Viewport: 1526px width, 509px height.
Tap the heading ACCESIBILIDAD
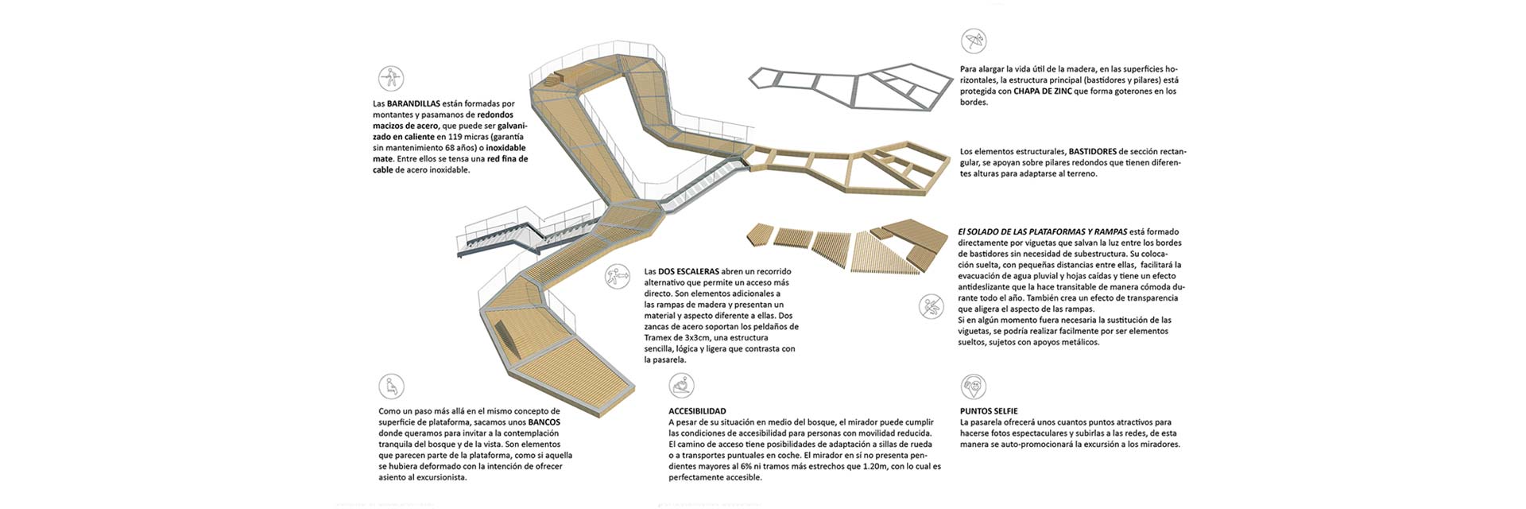[697, 411]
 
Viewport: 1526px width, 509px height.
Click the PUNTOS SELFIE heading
[989, 411]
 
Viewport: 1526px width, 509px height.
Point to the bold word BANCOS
[544, 422]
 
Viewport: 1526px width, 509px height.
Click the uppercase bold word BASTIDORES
[1093, 151]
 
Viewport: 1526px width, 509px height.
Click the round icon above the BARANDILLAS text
[391, 78]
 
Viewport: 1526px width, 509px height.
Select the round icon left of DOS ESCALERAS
[617, 277]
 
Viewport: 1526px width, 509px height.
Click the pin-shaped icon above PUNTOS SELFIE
[973, 387]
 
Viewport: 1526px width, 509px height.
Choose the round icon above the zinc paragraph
[973, 41]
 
